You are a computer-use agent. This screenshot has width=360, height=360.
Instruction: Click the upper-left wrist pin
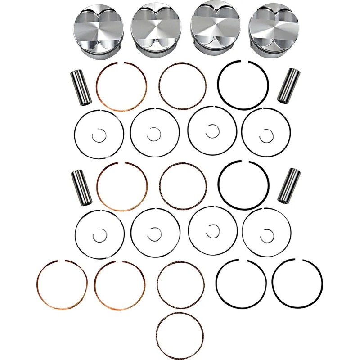(81, 86)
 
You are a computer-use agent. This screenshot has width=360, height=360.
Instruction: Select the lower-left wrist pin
(81, 185)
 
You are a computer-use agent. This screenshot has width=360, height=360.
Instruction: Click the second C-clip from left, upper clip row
(154, 133)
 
